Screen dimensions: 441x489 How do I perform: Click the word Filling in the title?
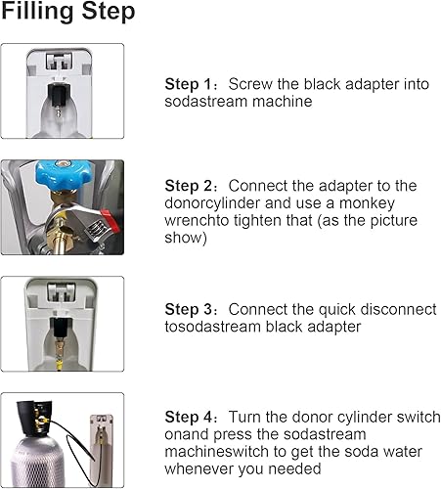(x=37, y=12)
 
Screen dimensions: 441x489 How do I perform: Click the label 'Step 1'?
(x=189, y=84)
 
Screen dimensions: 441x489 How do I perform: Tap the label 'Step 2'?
(x=189, y=186)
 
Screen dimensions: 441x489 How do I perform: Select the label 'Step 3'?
(x=189, y=309)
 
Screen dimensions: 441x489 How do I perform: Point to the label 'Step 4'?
(x=189, y=417)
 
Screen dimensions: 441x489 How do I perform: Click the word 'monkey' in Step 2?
(x=367, y=203)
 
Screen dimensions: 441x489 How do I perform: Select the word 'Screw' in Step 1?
(x=250, y=84)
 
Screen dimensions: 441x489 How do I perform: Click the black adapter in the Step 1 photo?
(x=59, y=94)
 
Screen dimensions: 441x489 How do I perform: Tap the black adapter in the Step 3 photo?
(x=61, y=328)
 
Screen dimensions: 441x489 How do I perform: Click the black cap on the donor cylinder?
(x=33, y=419)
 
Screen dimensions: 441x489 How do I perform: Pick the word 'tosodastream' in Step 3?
(x=212, y=327)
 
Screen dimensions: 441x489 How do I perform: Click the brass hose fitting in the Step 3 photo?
(x=60, y=352)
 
